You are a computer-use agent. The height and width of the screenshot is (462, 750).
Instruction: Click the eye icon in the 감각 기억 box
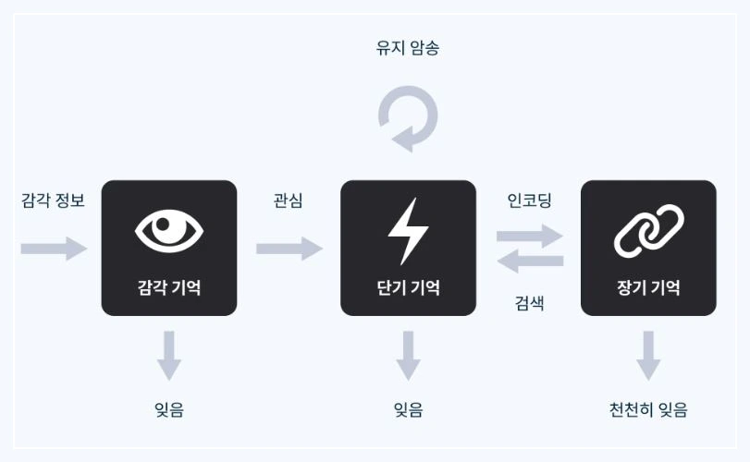pyautogui.click(x=168, y=230)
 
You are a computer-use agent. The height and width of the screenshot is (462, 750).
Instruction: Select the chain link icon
pyautogui.click(x=648, y=230)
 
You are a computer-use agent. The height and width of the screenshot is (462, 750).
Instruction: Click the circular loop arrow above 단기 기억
pyautogui.click(x=408, y=119)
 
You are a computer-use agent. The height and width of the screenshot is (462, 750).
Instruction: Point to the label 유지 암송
pyautogui.click(x=408, y=48)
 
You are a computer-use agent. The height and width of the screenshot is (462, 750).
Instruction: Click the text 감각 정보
pyautogui.click(x=53, y=200)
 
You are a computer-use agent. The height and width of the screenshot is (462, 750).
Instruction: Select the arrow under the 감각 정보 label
pyautogui.click(x=54, y=248)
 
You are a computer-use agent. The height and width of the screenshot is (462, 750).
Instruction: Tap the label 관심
pyautogui.click(x=288, y=200)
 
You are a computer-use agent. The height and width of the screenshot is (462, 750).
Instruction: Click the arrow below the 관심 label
pyautogui.click(x=289, y=248)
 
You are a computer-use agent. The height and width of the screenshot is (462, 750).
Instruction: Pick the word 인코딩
pyautogui.click(x=529, y=200)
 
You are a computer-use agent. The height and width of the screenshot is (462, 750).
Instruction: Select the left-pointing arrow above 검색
pyautogui.click(x=529, y=261)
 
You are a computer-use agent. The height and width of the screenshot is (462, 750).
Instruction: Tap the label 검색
pyautogui.click(x=529, y=301)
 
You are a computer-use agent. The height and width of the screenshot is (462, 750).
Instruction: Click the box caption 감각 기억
pyautogui.click(x=168, y=287)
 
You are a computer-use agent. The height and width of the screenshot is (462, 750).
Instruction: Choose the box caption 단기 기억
pyautogui.click(x=408, y=287)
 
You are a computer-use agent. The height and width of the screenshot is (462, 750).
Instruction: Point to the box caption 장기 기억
pyautogui.click(x=648, y=287)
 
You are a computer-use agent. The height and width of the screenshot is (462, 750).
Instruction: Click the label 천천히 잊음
pyautogui.click(x=648, y=409)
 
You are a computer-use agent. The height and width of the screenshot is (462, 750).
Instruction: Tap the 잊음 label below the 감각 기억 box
pyautogui.click(x=168, y=409)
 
